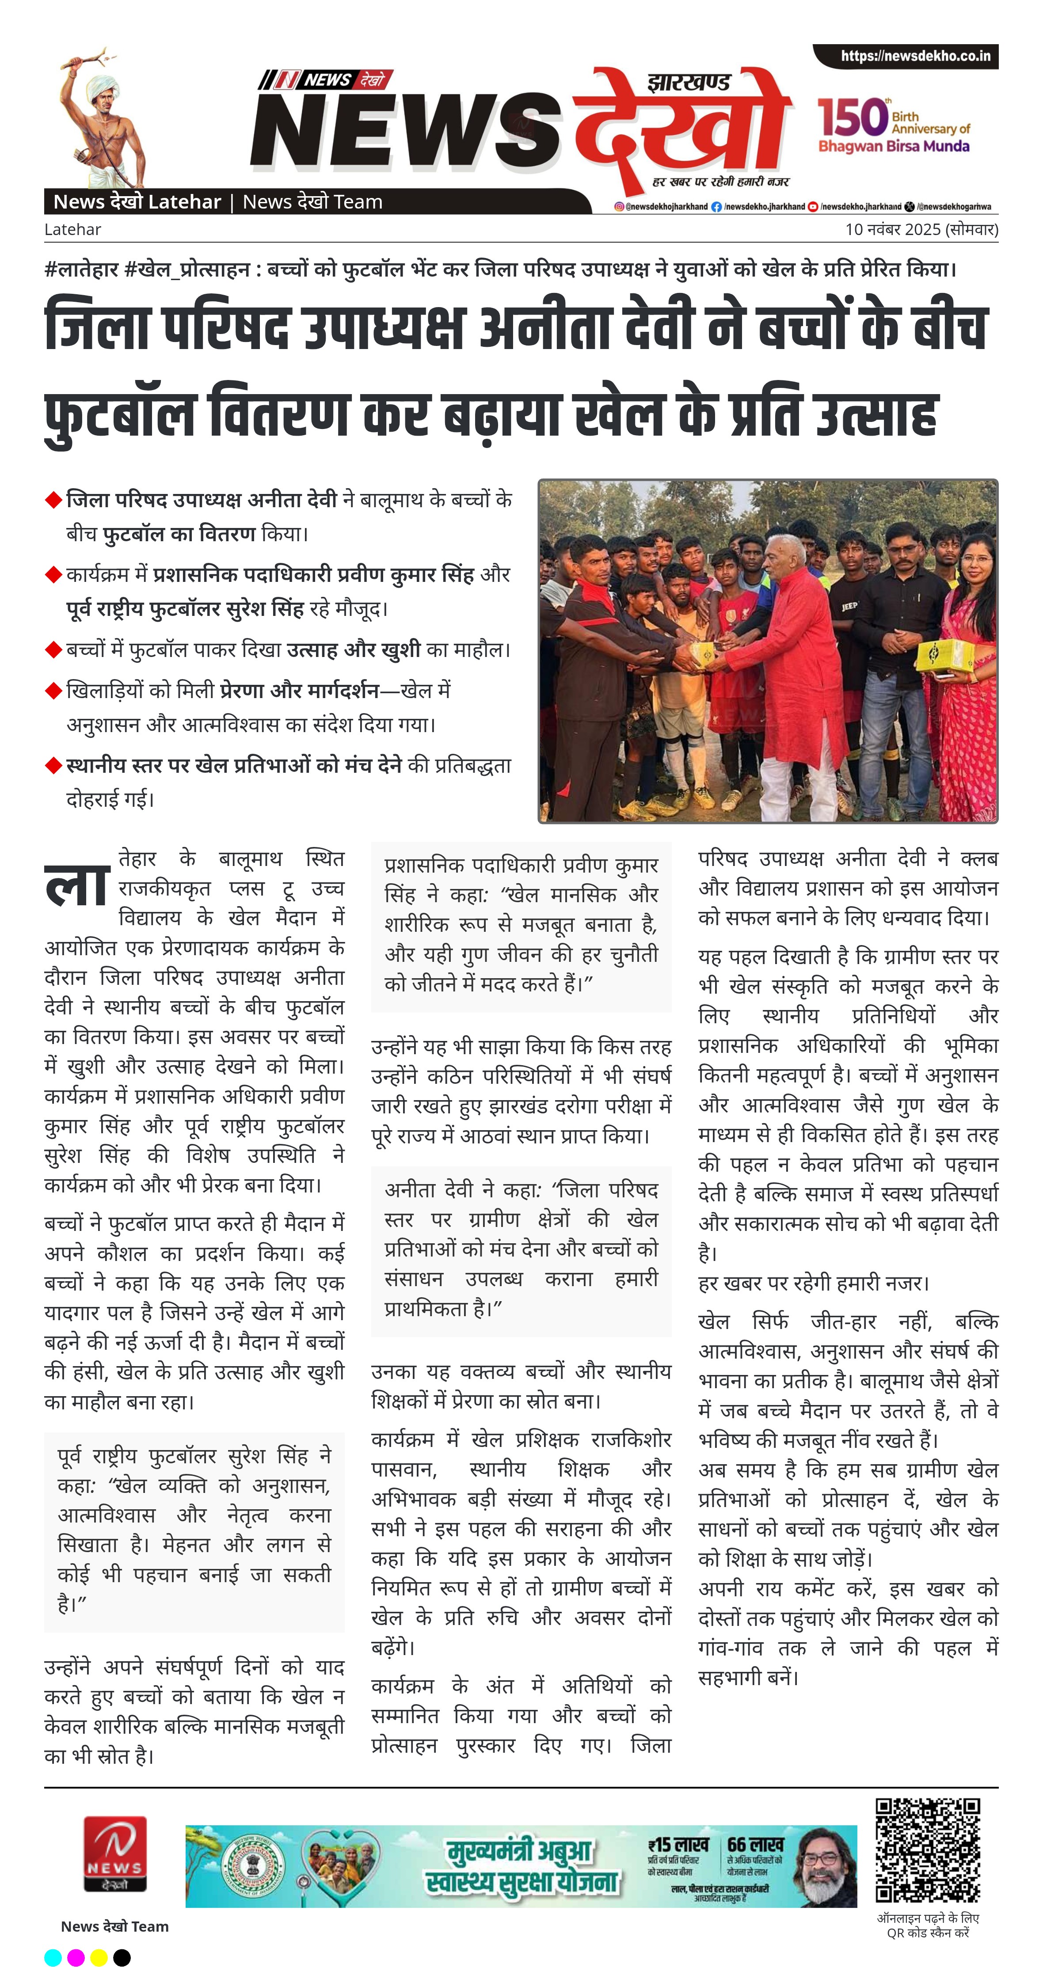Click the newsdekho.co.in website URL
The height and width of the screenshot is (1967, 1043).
(915, 56)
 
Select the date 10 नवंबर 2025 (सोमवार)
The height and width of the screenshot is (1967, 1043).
(921, 229)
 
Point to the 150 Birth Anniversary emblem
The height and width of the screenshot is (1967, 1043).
(893, 126)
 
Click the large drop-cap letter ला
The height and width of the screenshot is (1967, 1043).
(76, 886)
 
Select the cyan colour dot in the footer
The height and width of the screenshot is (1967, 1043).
(53, 1956)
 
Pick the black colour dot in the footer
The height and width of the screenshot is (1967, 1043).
(122, 1956)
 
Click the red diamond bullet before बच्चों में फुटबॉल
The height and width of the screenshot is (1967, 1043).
(53, 650)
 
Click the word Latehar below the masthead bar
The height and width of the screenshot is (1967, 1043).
(72, 229)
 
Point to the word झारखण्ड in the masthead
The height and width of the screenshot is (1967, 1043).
(689, 83)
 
